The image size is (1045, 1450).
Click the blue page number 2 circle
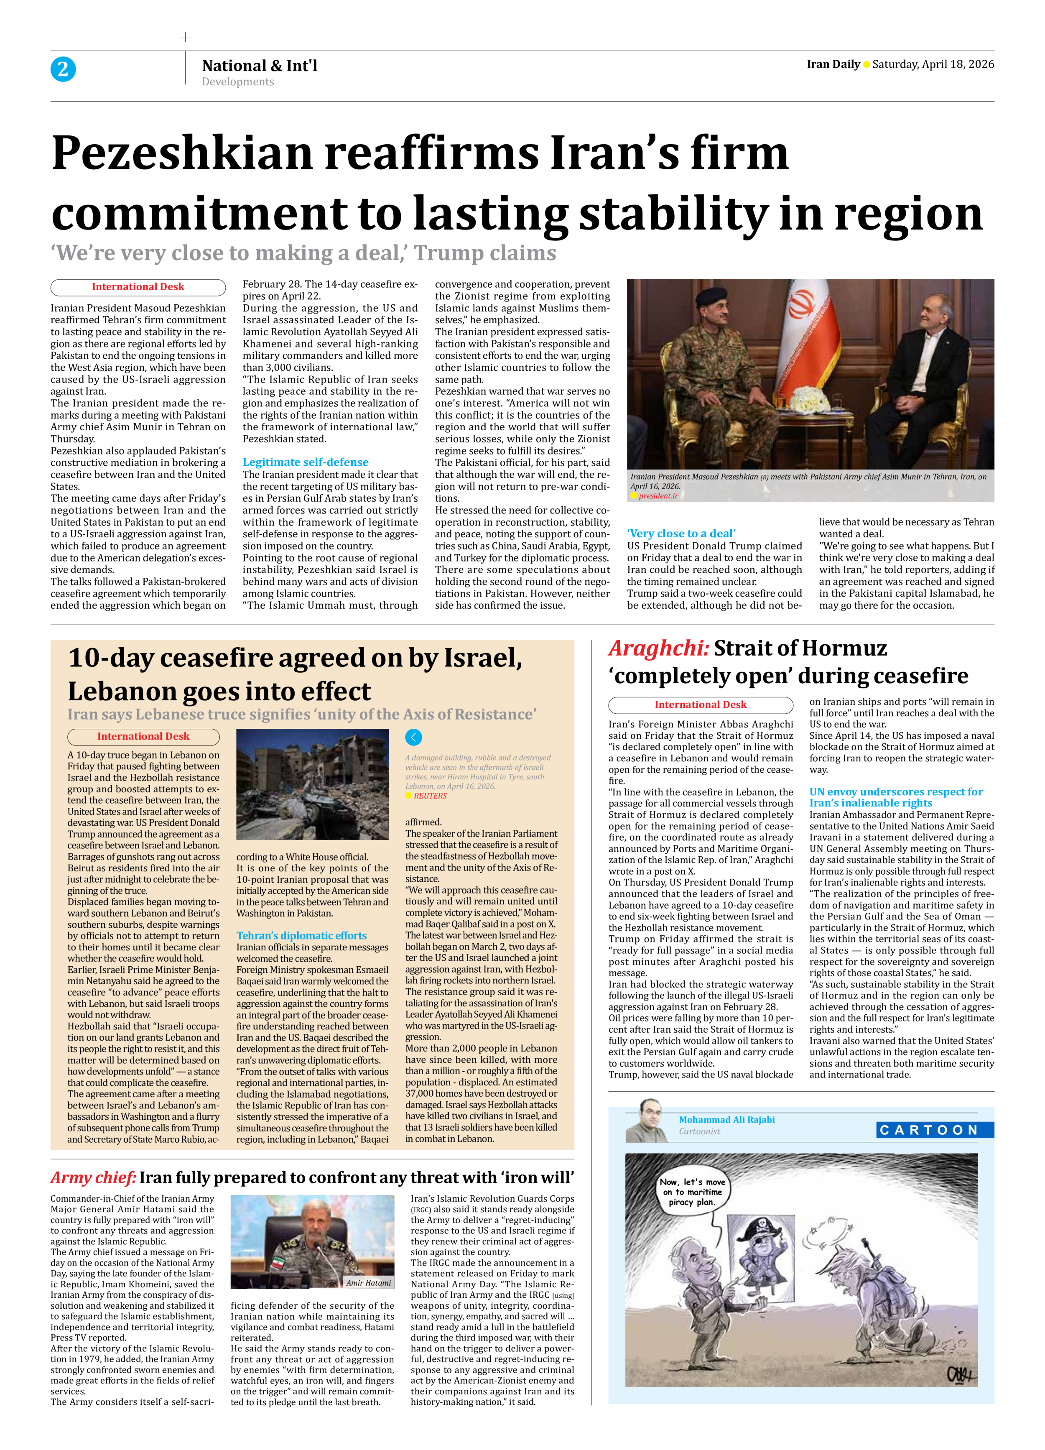(x=63, y=69)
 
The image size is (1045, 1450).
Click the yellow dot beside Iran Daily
(x=866, y=64)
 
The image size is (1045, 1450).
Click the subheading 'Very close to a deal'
(x=681, y=533)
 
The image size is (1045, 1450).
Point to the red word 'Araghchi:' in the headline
(x=658, y=648)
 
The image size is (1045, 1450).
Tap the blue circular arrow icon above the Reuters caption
(x=413, y=737)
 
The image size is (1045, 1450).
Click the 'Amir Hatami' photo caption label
(x=369, y=1282)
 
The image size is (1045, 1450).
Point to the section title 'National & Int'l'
(x=260, y=66)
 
